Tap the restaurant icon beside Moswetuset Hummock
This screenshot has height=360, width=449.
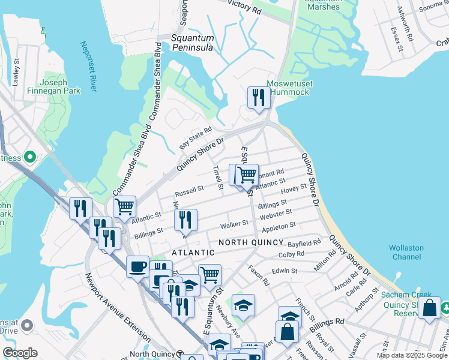click(x=259, y=97)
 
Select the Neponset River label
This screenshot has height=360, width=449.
click(x=88, y=67)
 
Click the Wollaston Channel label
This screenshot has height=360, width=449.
click(x=406, y=252)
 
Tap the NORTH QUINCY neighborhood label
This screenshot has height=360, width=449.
click(x=251, y=242)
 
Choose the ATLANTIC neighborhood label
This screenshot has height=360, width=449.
click(x=193, y=253)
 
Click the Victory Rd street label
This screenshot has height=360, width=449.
click(x=243, y=7)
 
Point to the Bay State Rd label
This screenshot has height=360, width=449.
click(x=196, y=138)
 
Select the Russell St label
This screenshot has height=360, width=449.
click(x=189, y=192)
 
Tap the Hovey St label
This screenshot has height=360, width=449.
click(x=294, y=189)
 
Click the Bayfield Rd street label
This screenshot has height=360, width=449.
click(x=305, y=244)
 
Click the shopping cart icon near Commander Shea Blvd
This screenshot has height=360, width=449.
click(x=124, y=206)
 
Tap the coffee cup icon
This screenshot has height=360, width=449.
click(x=137, y=266)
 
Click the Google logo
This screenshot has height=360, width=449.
click(x=20, y=353)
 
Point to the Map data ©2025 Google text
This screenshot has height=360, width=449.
click(x=412, y=355)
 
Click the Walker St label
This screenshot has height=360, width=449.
click(x=234, y=224)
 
